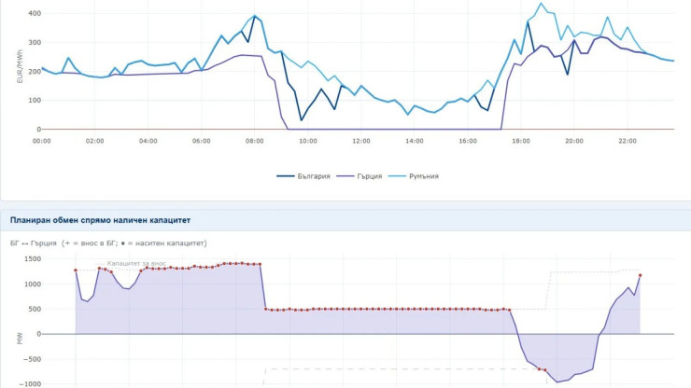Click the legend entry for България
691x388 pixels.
tap(303, 176)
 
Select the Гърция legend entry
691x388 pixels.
tap(360, 176)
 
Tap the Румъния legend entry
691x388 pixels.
tap(414, 176)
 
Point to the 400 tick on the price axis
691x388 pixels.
tap(35, 14)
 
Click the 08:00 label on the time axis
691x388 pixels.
tap(254, 141)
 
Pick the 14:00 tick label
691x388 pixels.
tap(415, 141)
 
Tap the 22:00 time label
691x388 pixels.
tap(628, 141)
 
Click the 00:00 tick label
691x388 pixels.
tap(41, 141)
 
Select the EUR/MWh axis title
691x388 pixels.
tap(20, 66)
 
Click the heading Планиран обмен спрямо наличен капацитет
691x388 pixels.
tap(100, 220)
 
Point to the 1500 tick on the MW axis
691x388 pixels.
tap(33, 259)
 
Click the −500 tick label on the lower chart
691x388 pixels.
tap(31, 359)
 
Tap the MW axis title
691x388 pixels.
tap(20, 339)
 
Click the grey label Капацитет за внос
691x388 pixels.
tap(136, 263)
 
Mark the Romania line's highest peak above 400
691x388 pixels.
tap(542, 4)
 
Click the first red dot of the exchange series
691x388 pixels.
tap(76, 270)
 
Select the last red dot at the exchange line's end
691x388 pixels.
tap(640, 276)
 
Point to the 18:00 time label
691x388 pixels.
tap(521, 141)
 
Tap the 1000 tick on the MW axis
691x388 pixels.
tap(33, 284)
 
